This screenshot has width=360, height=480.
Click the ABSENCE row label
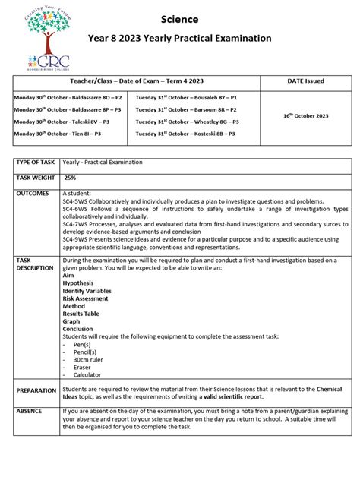click(30, 411)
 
